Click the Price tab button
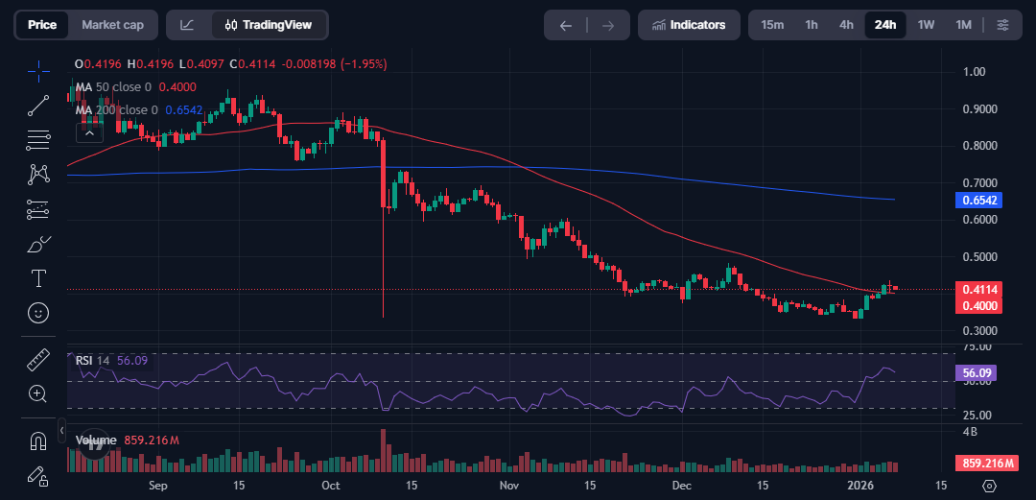coord(41,25)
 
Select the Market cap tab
coord(112,25)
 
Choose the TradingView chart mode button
coord(260,25)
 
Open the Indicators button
coord(689,25)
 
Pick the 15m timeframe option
coord(772,25)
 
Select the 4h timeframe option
coord(846,25)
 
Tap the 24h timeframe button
coord(884,25)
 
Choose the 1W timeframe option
coord(926,25)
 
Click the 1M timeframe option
coord(963,25)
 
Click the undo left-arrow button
coord(566,25)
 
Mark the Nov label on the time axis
coord(509,487)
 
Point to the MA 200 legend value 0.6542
coord(183,110)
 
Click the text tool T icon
coord(38,278)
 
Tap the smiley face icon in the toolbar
coord(38,313)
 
